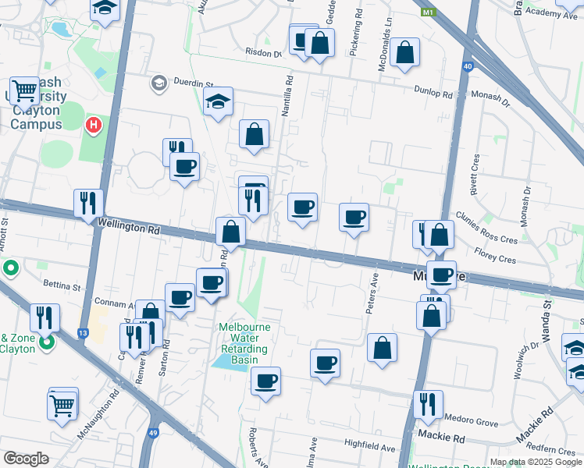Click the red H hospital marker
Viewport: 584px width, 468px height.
pos(94,124)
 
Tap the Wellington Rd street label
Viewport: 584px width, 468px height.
pos(129,227)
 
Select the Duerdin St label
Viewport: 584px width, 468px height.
pos(194,83)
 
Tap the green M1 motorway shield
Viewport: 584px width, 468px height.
pos(427,12)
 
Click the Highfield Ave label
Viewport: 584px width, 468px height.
pos(369,448)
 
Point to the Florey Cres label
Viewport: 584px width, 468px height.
pos(495,253)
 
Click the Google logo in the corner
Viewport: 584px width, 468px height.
pos(26,458)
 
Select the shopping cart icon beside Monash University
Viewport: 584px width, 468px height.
pos(25,90)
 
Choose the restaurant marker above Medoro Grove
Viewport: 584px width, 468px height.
pos(428,403)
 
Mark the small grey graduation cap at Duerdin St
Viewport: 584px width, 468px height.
pos(159,83)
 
